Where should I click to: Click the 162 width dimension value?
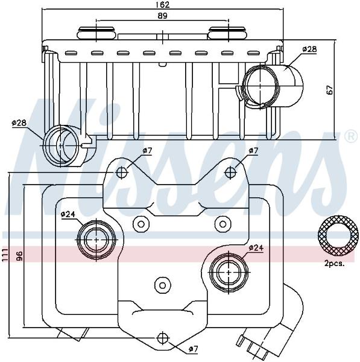[x=163, y=5]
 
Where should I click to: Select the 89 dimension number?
[x=162, y=16]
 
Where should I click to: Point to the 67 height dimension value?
[x=330, y=90]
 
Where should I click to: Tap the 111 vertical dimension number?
[x=5, y=255]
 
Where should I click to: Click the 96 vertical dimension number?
[x=19, y=256]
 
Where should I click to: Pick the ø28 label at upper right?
[x=310, y=49]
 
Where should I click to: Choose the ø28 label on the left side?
[x=19, y=122]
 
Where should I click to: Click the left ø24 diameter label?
[x=68, y=214]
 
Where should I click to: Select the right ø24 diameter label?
[x=256, y=248]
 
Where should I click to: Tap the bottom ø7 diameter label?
[x=193, y=349]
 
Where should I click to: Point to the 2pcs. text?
[x=335, y=264]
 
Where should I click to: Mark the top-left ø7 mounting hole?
[x=122, y=172]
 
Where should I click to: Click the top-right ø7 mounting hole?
[x=230, y=173]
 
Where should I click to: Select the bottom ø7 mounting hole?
[x=163, y=338]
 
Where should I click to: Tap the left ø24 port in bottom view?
[x=96, y=240]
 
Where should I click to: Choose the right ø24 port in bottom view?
[x=229, y=273]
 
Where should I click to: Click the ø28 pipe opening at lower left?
[x=61, y=146]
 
